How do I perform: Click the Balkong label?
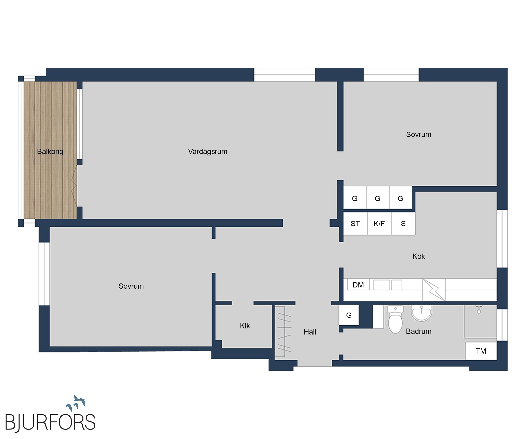50,152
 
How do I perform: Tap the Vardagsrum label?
208,152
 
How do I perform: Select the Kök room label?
419,256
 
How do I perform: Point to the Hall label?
310,332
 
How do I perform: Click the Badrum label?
419,331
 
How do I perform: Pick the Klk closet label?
245,326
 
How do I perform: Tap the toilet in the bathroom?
395,319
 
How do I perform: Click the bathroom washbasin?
421,313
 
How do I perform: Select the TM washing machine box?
481,351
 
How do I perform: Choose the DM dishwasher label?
358,285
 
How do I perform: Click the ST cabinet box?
355,224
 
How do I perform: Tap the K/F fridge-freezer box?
379,224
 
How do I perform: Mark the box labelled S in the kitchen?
403,224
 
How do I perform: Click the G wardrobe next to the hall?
349,315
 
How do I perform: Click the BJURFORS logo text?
50,422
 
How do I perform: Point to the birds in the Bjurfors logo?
77,402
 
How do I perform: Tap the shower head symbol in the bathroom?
479,309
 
